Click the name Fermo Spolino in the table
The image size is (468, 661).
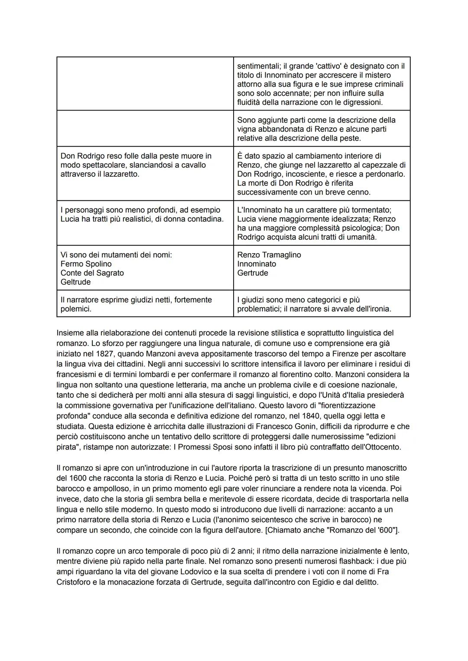(x=86, y=264)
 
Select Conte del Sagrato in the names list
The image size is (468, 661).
(x=92, y=273)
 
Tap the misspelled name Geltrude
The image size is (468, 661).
(x=75, y=282)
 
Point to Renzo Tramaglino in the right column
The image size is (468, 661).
(x=269, y=255)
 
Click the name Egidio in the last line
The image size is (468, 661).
(x=323, y=582)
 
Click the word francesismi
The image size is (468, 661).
(x=78, y=374)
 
